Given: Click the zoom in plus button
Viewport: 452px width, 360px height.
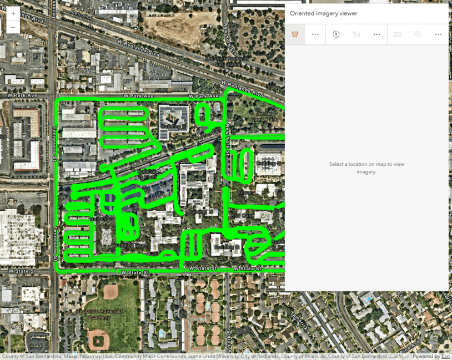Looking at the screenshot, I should (x=13, y=13).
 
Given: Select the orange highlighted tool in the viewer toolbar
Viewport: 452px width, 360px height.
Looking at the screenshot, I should (x=295, y=34).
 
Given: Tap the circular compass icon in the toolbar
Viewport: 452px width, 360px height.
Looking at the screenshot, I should (x=336, y=34).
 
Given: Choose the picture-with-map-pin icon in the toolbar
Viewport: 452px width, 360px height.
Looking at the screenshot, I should (x=356, y=34).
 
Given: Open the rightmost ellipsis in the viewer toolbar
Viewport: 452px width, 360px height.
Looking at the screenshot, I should (x=438, y=34).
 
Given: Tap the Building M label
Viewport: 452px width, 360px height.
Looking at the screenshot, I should (x=200, y=212).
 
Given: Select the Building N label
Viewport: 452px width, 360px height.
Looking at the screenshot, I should (x=269, y=163).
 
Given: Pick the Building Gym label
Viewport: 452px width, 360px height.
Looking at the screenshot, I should (x=129, y=245).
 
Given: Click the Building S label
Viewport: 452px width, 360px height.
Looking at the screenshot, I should (x=101, y=219).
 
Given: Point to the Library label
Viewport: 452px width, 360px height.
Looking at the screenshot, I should (x=245, y=192).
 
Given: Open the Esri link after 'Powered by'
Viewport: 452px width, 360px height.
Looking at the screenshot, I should (x=445, y=357).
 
